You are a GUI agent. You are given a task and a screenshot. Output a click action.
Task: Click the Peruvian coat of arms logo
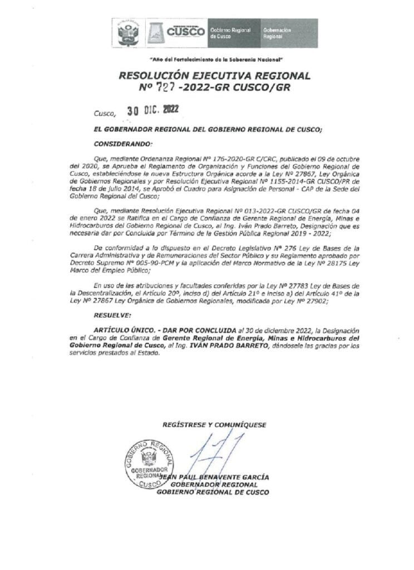click(129, 33)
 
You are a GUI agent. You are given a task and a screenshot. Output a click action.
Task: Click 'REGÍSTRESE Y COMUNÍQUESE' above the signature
click(214, 424)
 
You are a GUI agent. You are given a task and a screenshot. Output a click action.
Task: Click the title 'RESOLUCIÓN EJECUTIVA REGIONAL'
click(214, 76)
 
